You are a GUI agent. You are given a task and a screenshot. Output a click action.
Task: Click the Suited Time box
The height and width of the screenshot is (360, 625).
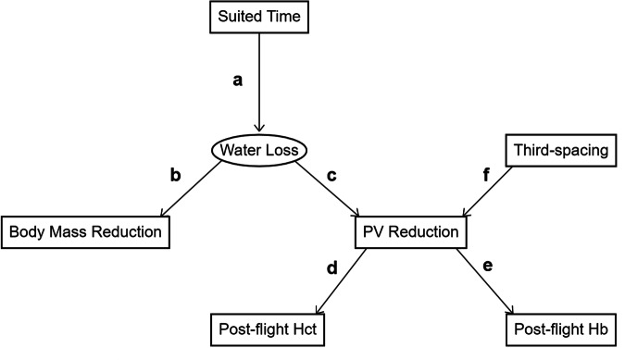click(x=259, y=17)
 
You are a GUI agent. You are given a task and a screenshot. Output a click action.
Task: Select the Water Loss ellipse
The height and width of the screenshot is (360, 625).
click(x=259, y=150)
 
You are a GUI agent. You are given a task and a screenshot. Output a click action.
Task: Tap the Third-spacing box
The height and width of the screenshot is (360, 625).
click(x=561, y=150)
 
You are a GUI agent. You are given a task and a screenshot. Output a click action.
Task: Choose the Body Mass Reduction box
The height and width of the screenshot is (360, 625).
click(x=85, y=232)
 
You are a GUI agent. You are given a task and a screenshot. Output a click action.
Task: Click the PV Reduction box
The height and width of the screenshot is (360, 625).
click(x=410, y=232)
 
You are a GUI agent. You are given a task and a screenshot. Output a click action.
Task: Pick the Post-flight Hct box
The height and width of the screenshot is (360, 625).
click(x=268, y=329)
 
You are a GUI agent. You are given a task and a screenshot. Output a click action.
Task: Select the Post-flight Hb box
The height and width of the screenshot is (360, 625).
click(x=561, y=329)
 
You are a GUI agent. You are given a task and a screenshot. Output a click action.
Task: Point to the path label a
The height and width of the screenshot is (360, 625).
click(x=237, y=81)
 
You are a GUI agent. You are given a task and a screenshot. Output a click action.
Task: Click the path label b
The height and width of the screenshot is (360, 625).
click(x=175, y=174)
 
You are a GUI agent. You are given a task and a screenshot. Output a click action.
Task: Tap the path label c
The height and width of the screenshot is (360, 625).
click(x=331, y=176)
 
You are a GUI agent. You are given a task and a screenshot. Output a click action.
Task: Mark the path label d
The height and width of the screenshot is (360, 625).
click(x=332, y=267)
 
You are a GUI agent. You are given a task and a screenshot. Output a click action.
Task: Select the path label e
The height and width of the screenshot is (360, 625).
click(x=487, y=266)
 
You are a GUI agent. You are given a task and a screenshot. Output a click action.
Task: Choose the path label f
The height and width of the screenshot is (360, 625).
click(x=486, y=174)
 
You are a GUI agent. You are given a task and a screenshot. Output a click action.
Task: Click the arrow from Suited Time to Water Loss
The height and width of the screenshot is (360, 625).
click(x=259, y=82)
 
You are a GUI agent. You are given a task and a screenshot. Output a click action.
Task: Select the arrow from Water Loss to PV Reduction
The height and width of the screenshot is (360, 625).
click(x=328, y=189)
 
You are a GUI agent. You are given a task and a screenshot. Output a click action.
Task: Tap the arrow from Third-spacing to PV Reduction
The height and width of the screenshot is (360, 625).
click(x=487, y=192)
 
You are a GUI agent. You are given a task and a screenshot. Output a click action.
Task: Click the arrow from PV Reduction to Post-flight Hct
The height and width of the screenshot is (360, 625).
click(x=341, y=281)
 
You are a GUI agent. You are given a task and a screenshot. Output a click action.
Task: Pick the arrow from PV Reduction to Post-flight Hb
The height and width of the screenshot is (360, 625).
click(x=485, y=281)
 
